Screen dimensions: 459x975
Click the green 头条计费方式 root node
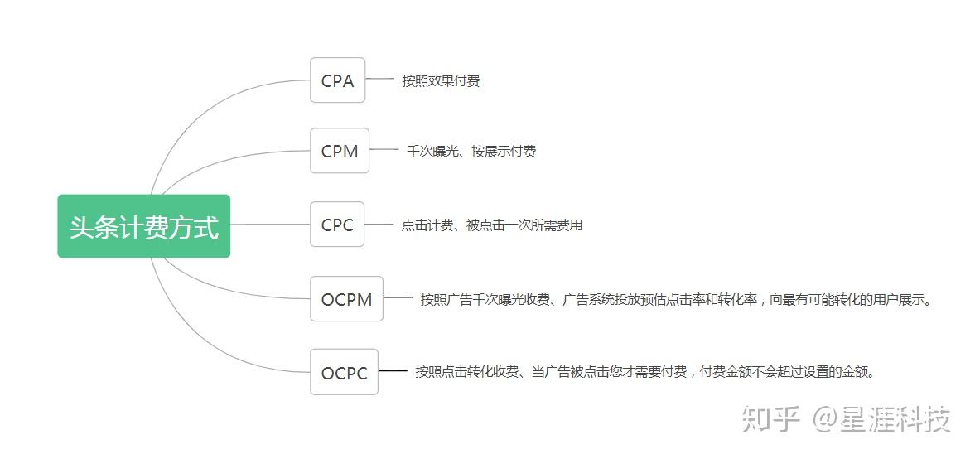point(143,226)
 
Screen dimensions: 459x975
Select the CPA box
point(337,80)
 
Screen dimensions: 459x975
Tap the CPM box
point(340,151)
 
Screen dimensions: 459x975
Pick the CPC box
point(337,225)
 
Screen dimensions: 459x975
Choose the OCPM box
point(346,299)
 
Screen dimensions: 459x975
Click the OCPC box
point(344,372)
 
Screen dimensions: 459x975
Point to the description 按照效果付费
point(441,81)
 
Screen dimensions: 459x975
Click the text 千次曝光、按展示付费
point(471,152)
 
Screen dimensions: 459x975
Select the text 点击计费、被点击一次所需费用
point(492,225)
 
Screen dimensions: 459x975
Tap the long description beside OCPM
point(676,300)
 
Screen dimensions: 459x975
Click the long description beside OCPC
point(645,372)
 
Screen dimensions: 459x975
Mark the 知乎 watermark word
point(770,419)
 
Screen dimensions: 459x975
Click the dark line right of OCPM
point(398,297)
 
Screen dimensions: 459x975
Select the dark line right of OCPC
point(393,370)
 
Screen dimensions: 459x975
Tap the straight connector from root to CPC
point(269,225)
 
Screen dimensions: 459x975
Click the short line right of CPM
point(384,150)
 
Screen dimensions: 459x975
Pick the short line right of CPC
point(379,224)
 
